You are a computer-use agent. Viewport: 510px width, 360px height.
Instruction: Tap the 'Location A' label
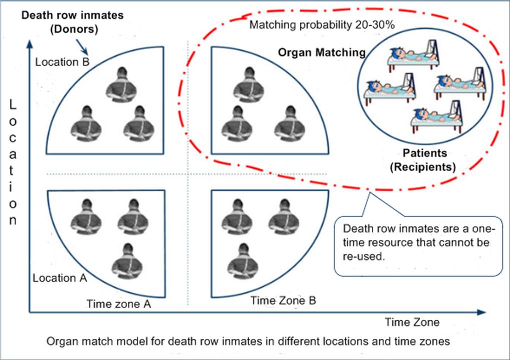tap(60, 278)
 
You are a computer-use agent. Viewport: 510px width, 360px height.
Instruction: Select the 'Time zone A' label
tap(118, 303)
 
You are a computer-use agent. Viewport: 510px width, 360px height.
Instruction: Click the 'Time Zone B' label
tap(283, 300)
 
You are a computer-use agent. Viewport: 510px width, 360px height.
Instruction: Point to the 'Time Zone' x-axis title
tap(412, 322)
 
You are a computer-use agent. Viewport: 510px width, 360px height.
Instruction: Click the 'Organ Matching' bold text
tap(321, 52)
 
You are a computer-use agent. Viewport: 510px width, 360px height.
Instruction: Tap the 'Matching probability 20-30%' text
tap(322, 25)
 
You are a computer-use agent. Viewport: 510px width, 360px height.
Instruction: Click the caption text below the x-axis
tap(248, 342)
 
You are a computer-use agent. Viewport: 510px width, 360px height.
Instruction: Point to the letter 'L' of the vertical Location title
tap(13, 105)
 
